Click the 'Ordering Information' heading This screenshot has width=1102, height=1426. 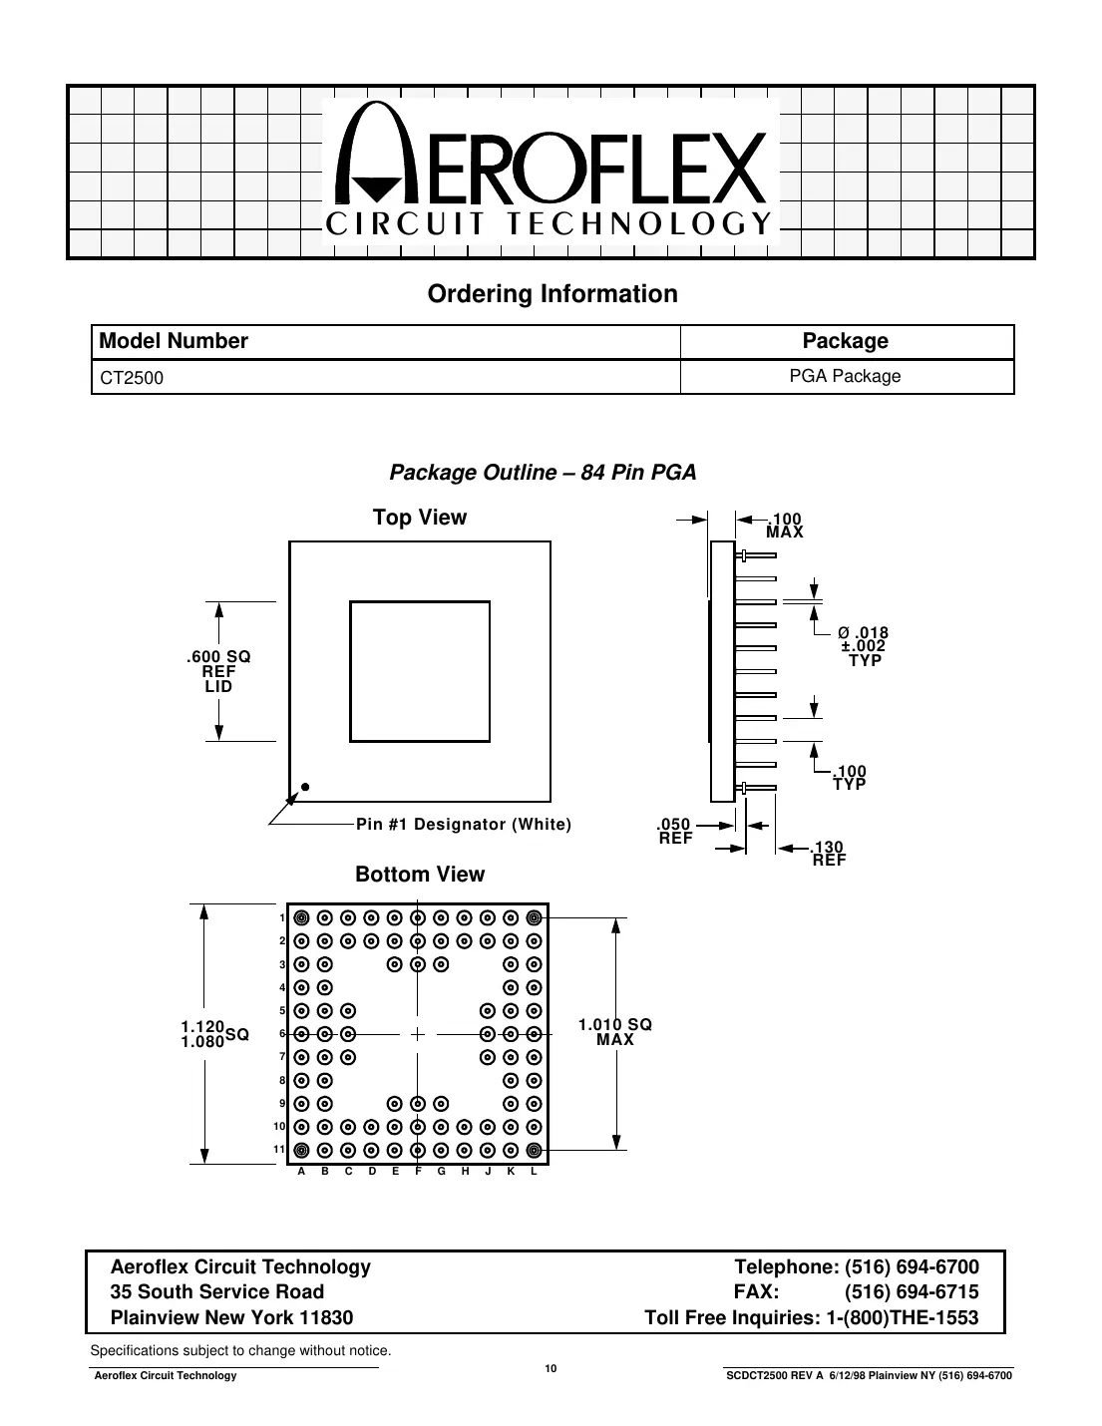pyautogui.click(x=551, y=294)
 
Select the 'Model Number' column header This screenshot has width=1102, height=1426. pyautogui.click(x=174, y=341)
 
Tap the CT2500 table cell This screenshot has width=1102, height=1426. pyautogui.click(x=132, y=378)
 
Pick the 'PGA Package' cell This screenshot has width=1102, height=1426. pyautogui.click(x=845, y=376)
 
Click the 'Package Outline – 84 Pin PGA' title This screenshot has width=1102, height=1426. pyautogui.click(x=543, y=472)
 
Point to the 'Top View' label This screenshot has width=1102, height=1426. pyautogui.click(x=419, y=517)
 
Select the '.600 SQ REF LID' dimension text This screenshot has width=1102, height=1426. pyautogui.click(x=218, y=671)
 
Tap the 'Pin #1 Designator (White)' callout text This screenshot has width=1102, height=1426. pyautogui.click(x=464, y=824)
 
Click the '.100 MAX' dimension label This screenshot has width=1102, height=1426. pyautogui.click(x=784, y=526)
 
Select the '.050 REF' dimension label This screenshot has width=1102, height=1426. pyautogui.click(x=674, y=831)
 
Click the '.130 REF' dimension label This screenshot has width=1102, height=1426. pyautogui.click(x=828, y=852)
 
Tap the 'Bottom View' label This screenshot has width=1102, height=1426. pyautogui.click(x=420, y=875)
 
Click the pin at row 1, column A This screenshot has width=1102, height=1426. pyautogui.click(x=301, y=917)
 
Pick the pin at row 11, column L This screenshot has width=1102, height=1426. pyautogui.click(x=534, y=1150)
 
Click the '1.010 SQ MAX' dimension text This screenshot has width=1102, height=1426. pyautogui.click(x=615, y=1032)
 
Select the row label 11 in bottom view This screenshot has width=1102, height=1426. pyautogui.click(x=279, y=1150)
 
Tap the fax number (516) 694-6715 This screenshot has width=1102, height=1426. pyautogui.click(x=912, y=1292)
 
